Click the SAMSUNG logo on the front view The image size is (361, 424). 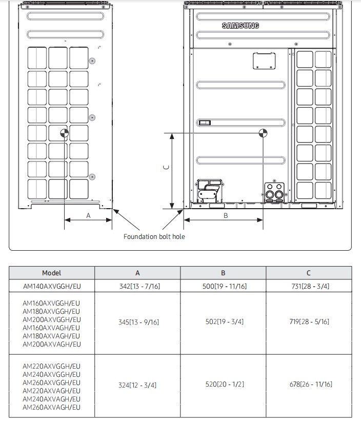240,26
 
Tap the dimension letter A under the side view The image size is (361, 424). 88,216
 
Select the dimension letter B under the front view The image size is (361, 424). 226,216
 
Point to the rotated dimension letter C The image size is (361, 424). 167,167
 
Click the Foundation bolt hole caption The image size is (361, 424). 154,236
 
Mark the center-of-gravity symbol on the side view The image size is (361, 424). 65,133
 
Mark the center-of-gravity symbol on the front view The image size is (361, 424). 263,133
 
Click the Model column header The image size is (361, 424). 52,273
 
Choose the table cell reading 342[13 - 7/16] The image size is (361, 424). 140,286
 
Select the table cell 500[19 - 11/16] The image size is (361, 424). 225,286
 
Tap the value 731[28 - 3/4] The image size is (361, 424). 310,286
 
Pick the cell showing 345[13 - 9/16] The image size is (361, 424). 139,322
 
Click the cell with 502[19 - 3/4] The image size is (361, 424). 225,321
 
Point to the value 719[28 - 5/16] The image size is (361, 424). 309,321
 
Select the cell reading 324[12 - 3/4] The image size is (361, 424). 137,385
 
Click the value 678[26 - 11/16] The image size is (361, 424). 311,384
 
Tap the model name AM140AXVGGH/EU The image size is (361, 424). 52,286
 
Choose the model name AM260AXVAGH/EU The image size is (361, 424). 52,407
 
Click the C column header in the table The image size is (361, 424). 309,273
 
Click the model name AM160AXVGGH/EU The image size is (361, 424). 51,303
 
